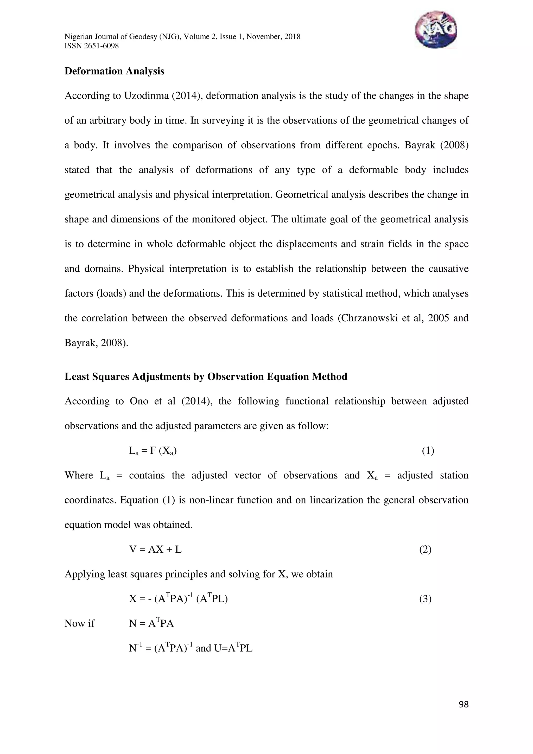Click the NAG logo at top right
coord(435,30)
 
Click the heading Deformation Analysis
coord(114,71)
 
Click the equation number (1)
coord(428,451)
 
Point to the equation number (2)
coord(425,549)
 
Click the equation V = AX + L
coord(155,549)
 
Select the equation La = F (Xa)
coord(153,451)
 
